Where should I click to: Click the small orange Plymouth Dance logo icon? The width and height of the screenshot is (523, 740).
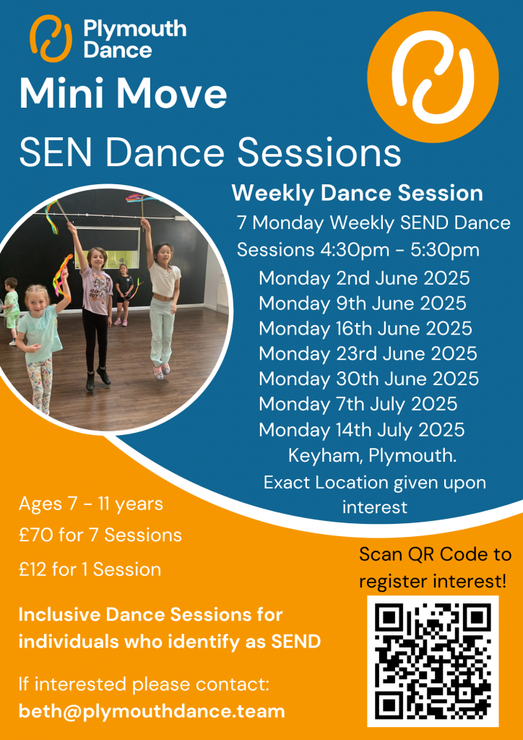coord(51,38)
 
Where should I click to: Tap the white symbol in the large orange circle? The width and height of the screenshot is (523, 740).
coord(433,77)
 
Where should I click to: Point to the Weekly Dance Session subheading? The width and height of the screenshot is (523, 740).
coord(358,194)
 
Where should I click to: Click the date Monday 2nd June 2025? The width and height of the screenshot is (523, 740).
coord(364,278)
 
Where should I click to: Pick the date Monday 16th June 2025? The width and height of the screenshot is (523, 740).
coord(366,328)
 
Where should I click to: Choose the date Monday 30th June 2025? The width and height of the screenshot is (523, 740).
coord(369,379)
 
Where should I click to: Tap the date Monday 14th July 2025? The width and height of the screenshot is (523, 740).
coord(362,429)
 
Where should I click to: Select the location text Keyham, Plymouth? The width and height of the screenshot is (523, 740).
coord(372,456)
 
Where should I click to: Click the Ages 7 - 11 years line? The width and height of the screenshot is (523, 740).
coord(91,504)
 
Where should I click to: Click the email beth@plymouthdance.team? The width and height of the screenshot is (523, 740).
coord(152,711)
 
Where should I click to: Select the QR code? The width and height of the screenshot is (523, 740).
coord(433,661)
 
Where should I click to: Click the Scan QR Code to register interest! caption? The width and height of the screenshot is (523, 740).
coord(435,568)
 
